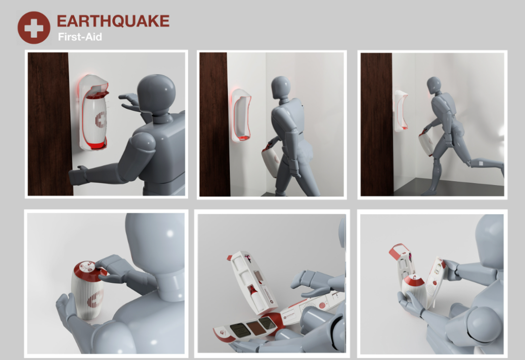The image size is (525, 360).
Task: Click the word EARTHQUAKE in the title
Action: pyautogui.click(x=113, y=21)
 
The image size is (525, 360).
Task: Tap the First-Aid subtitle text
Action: pyautogui.click(x=80, y=37)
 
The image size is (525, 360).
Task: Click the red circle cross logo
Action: pyautogui.click(x=34, y=28)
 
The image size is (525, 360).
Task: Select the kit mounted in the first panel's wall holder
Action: pyautogui.click(x=95, y=120)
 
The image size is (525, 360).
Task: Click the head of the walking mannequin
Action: pyautogui.click(x=280, y=87)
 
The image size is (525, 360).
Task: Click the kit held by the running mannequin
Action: pyautogui.click(x=426, y=143)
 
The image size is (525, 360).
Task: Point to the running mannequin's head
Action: pyautogui.click(x=434, y=85)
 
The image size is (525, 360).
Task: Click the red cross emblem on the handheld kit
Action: pyautogui.click(x=96, y=299)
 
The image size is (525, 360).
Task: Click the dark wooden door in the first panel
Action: pyautogui.click(x=49, y=124)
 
